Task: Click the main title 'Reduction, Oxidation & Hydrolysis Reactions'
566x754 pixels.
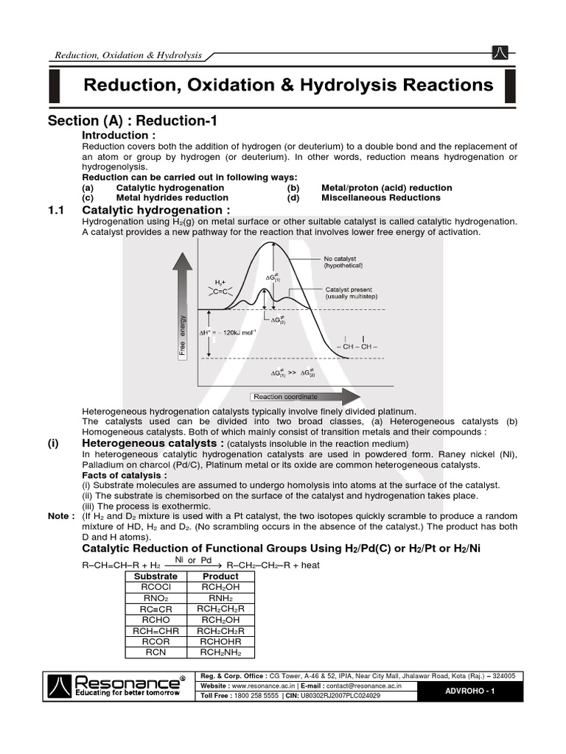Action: pyautogui.click(x=288, y=85)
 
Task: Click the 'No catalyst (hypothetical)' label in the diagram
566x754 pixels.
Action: pyautogui.click(x=343, y=261)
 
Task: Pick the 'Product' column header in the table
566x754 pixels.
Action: pyautogui.click(x=220, y=576)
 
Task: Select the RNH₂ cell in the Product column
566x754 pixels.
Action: pyautogui.click(x=220, y=598)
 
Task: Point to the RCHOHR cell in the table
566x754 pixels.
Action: pyautogui.click(x=220, y=641)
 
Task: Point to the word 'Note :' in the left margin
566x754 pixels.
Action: pyautogui.click(x=61, y=515)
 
